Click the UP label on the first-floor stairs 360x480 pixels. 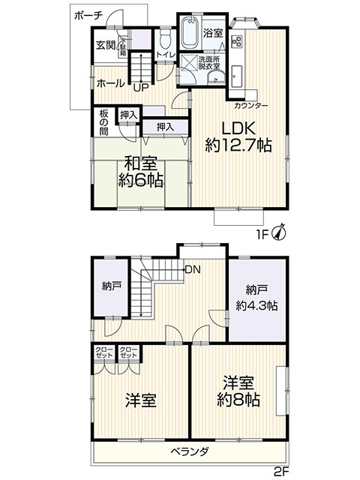(139, 86)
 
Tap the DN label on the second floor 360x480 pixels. (193, 269)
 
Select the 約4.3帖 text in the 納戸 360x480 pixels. (256, 305)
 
